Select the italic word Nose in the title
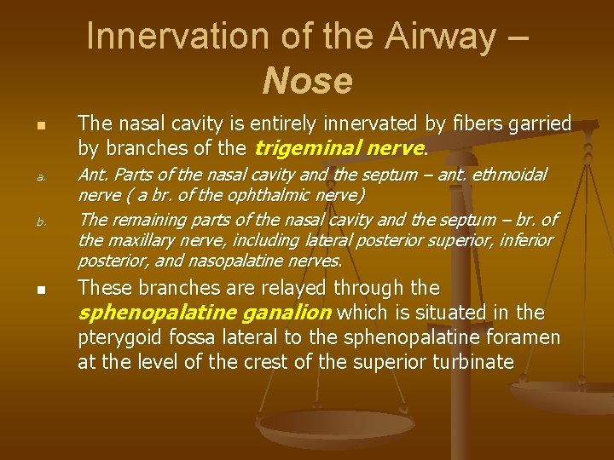click(307, 82)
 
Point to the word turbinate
click(473, 362)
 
